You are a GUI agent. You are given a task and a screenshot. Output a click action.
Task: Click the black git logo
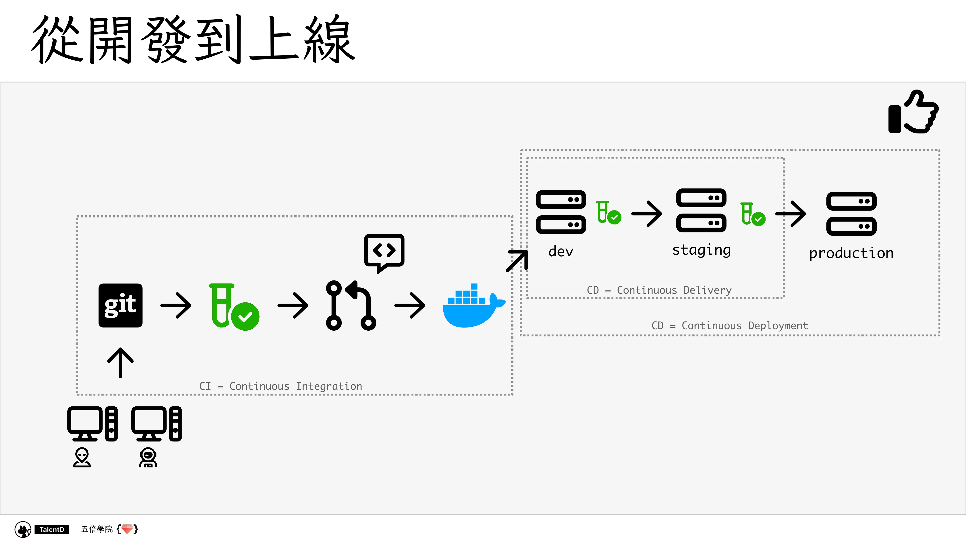pyautogui.click(x=120, y=306)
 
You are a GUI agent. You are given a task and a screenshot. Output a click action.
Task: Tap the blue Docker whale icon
pyautogui.click(x=474, y=306)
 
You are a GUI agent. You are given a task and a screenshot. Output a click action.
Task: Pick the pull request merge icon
pyautogui.click(x=351, y=306)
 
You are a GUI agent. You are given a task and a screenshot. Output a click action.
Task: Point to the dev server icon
pyautogui.click(x=561, y=212)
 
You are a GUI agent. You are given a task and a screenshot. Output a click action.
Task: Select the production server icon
pyautogui.click(x=851, y=214)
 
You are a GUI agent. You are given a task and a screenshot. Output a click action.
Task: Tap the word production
pyautogui.click(x=851, y=253)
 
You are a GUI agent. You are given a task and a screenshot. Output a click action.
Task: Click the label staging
pyautogui.click(x=701, y=250)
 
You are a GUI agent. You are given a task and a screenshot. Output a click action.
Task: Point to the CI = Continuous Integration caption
pyautogui.click(x=280, y=386)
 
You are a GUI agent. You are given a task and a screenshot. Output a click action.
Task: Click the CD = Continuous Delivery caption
pyautogui.click(x=659, y=290)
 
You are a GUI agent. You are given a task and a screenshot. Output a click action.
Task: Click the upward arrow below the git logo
pyautogui.click(x=120, y=362)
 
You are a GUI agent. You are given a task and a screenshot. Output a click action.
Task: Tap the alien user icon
pyautogui.click(x=82, y=457)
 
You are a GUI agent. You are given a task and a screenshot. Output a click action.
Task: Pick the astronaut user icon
pyautogui.click(x=148, y=457)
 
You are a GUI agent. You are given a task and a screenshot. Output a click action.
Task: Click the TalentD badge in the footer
pyautogui.click(x=52, y=529)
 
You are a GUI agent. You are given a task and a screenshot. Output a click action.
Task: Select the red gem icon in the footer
pyautogui.click(x=127, y=529)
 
